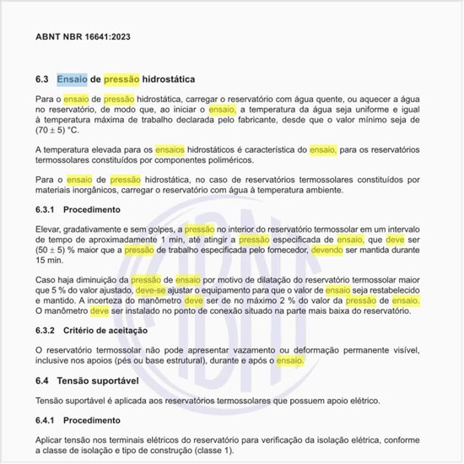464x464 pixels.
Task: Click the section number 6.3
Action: (44, 79)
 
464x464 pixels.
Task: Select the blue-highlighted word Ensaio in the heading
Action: (72, 79)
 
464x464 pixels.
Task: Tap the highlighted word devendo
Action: (326, 251)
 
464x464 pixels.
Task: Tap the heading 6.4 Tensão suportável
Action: (88, 380)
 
